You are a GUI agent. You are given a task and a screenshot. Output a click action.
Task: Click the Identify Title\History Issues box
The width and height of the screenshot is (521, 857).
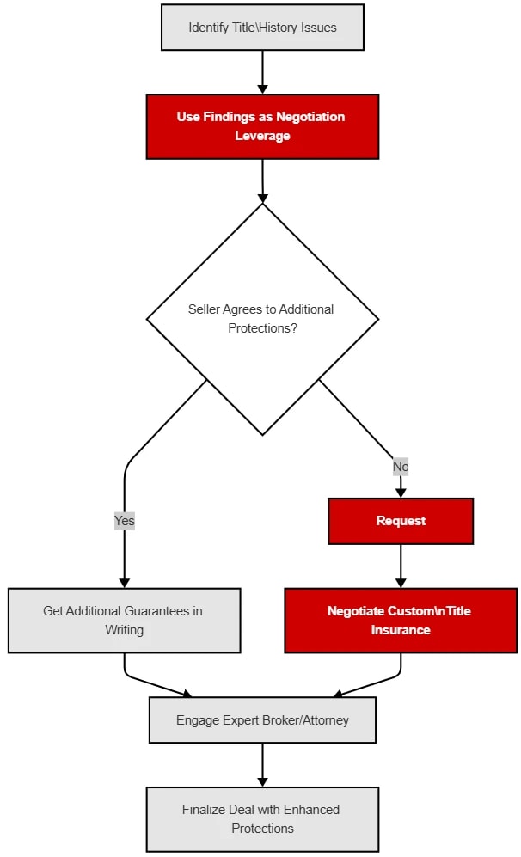(262, 28)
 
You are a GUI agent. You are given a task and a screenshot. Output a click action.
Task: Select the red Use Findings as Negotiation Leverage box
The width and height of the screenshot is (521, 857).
(262, 126)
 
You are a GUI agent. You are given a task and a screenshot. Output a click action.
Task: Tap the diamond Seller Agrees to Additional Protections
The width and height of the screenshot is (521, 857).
(262, 319)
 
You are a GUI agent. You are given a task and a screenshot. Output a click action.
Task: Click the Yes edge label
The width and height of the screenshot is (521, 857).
(125, 521)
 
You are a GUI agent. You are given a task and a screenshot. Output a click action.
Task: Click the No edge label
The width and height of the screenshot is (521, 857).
(401, 467)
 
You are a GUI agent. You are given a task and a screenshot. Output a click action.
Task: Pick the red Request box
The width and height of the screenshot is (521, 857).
(401, 521)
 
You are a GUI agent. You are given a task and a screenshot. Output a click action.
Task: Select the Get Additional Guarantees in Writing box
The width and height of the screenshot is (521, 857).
(124, 621)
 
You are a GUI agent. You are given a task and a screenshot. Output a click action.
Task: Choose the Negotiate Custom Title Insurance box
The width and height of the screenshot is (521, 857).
(401, 621)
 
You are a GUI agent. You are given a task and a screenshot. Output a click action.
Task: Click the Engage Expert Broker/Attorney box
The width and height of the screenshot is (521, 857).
(262, 720)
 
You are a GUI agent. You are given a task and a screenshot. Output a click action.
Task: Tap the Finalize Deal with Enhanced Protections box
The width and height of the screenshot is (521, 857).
(262, 819)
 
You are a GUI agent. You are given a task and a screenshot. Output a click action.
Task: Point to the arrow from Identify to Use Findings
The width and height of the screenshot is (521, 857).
(262, 70)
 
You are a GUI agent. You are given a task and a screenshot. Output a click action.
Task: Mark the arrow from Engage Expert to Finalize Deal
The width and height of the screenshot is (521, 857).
(262, 763)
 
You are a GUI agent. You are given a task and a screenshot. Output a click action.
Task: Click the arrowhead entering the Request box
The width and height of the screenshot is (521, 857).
(401, 493)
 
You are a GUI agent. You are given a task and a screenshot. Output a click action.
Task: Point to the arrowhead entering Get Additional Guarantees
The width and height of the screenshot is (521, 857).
(125, 583)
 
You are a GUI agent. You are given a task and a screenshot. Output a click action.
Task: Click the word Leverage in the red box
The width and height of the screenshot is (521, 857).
(262, 136)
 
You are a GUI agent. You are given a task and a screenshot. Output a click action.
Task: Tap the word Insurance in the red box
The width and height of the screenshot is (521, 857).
(401, 630)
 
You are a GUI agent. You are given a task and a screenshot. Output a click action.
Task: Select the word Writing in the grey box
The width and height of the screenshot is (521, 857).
(124, 630)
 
